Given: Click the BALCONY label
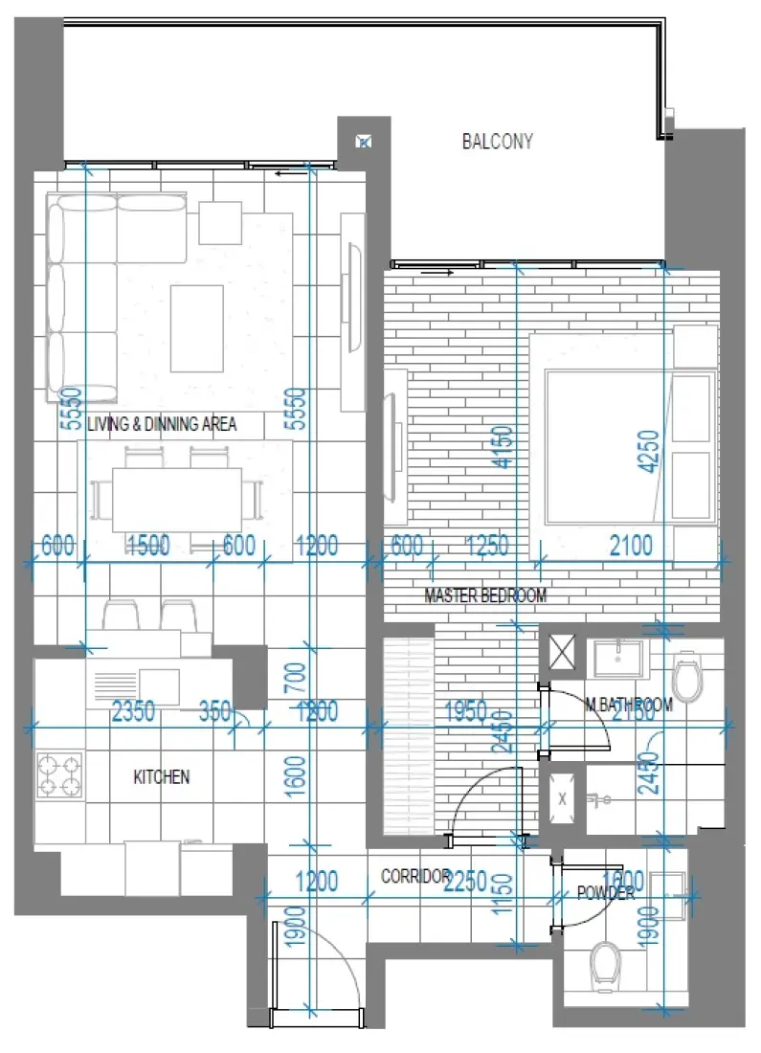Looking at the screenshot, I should [x=497, y=142].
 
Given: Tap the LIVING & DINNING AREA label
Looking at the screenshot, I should [x=162, y=424].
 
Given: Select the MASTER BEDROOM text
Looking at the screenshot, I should [x=485, y=596].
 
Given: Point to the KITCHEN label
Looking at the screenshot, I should [x=161, y=777].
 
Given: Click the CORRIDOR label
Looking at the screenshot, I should [x=415, y=876].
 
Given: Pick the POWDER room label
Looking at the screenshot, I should [x=606, y=893].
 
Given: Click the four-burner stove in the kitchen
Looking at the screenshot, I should [x=59, y=774].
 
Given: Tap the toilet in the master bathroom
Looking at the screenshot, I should [x=687, y=678].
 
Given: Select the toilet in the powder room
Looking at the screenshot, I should [x=605, y=962].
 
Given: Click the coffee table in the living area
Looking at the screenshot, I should [x=196, y=328].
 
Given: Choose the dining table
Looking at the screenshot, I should [x=177, y=498].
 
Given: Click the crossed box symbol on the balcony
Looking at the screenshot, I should [x=364, y=142].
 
